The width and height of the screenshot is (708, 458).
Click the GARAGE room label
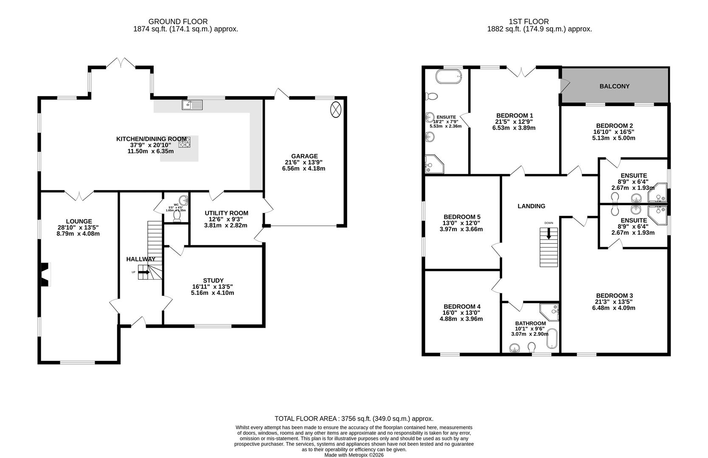304,156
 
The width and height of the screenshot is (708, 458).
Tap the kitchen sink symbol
192,104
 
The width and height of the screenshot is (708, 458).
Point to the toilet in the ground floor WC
177,216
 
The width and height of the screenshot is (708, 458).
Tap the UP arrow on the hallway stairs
144,272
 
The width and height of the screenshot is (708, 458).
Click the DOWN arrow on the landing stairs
549,234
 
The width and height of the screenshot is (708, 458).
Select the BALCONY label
614,86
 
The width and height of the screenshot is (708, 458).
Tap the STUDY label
213,280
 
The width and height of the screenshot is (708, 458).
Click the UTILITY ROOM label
226,213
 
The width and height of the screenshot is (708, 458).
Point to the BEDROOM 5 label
462,217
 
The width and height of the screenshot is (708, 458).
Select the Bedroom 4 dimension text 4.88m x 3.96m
462,319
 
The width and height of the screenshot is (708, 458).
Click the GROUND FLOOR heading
178,21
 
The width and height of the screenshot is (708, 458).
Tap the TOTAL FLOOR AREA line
354,418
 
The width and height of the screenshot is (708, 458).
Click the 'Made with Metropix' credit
354,455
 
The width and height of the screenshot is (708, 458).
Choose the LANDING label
531,206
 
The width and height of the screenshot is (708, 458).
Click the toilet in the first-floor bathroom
531,348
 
